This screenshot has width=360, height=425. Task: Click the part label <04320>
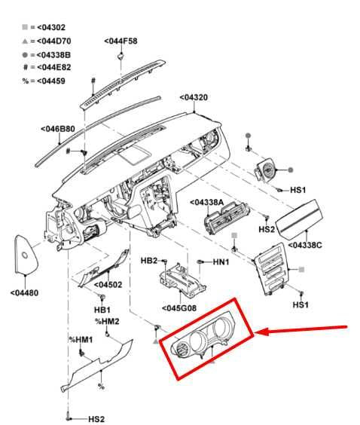click(194, 97)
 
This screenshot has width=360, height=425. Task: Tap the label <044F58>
click(121, 41)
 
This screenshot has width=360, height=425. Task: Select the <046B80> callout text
click(58, 129)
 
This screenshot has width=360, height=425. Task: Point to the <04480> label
click(24, 292)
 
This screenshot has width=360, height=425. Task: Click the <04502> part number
click(108, 285)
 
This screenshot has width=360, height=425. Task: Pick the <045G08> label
click(179, 308)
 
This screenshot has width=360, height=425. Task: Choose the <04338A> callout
click(207, 202)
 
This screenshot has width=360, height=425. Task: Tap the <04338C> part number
click(305, 246)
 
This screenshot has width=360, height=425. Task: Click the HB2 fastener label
click(149, 261)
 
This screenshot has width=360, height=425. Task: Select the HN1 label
click(221, 262)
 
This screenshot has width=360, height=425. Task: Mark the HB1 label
click(102, 310)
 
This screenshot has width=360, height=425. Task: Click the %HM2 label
click(107, 322)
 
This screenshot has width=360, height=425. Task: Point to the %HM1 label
click(81, 340)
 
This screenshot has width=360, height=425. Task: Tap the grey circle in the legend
click(25, 55)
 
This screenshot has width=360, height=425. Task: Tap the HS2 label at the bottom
click(96, 419)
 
